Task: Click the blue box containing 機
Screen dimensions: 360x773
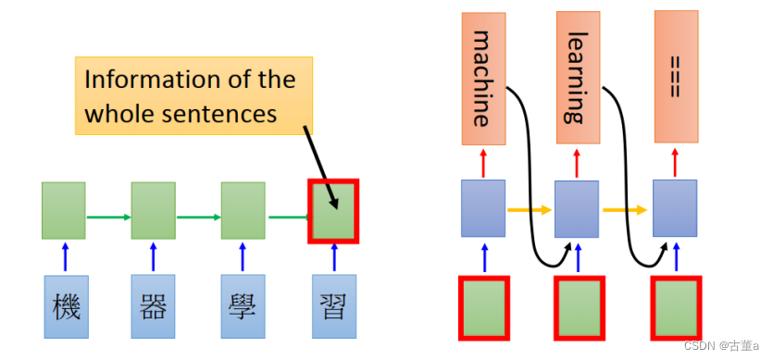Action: [67, 306]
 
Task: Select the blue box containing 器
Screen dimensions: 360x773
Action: [153, 306]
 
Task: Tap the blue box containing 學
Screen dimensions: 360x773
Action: [243, 306]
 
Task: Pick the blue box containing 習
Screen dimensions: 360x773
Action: [333, 306]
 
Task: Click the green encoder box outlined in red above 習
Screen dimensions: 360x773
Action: [333, 211]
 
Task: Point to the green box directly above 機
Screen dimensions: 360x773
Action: [64, 211]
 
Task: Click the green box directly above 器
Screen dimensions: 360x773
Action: [153, 211]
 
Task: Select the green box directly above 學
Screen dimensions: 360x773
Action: [243, 211]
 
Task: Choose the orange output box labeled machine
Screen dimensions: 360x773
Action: [483, 78]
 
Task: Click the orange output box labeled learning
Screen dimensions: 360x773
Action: [579, 78]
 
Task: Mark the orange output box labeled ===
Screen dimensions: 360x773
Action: [676, 78]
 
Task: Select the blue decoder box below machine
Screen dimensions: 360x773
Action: [483, 208]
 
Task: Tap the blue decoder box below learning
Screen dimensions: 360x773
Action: [578, 208]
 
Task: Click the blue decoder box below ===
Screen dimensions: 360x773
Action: [675, 208]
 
